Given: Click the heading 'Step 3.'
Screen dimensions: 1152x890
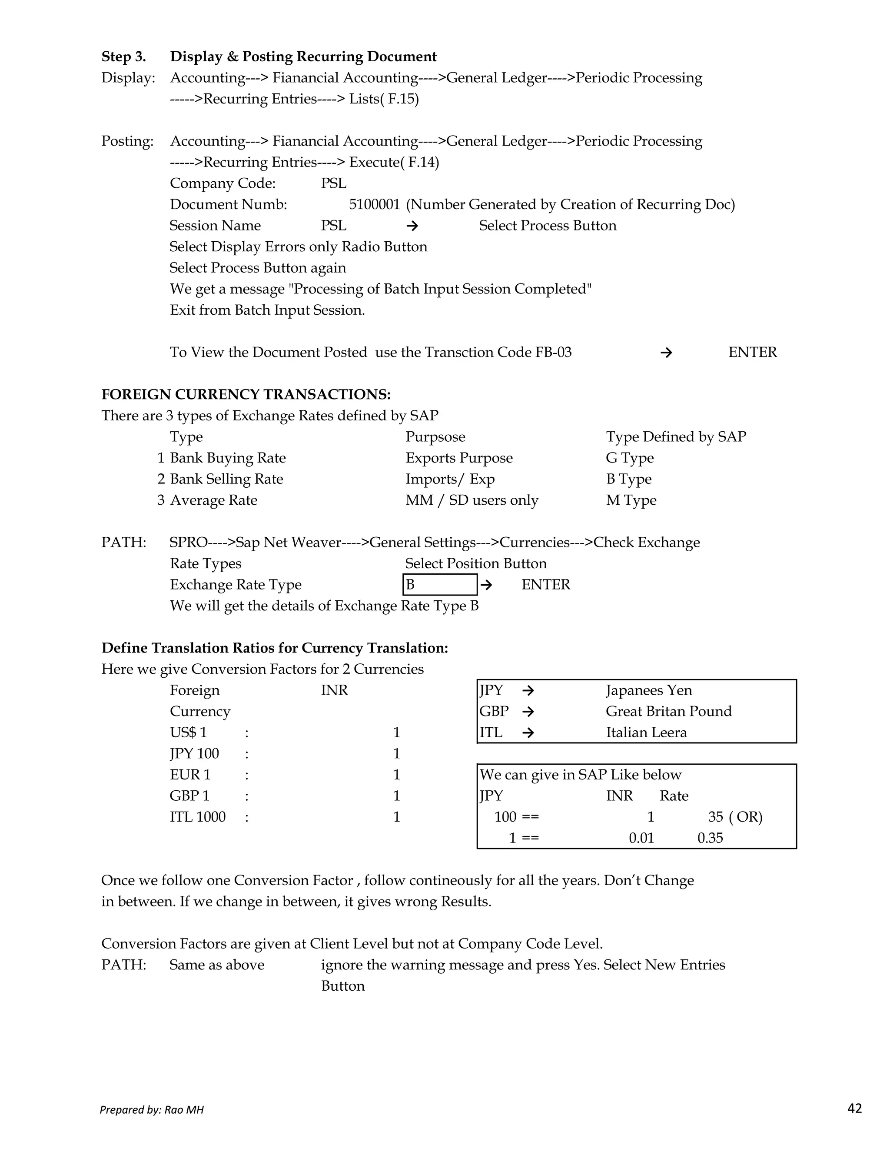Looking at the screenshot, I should [123, 57].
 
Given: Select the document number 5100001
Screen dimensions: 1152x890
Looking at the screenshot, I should [374, 205].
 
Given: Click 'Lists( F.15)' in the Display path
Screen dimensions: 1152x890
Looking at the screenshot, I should [384, 99].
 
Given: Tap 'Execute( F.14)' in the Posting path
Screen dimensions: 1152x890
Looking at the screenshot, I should [394, 163].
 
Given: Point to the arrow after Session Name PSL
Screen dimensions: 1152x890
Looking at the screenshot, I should [412, 226].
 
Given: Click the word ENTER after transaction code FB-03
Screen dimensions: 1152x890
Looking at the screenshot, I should [752, 353].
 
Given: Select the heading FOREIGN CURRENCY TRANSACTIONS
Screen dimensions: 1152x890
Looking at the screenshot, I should [246, 395].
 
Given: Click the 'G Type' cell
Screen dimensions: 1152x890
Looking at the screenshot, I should [630, 458].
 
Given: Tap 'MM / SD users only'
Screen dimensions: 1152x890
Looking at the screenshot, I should [472, 500].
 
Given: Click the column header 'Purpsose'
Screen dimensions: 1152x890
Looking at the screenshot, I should [435, 437].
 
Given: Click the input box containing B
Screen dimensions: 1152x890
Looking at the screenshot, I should [440, 584].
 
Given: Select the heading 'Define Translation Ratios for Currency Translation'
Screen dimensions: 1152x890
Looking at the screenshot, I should [275, 648].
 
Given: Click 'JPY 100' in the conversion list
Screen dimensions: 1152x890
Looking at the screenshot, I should [194, 754].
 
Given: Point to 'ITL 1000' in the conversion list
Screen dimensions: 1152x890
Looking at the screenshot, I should [197, 817].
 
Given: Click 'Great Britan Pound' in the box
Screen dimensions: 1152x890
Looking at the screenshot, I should [668, 712].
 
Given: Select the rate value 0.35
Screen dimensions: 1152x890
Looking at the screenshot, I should [710, 838].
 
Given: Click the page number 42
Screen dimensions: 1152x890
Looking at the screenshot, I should [854, 1108].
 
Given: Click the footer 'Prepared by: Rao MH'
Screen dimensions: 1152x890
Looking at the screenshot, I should [152, 1110].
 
